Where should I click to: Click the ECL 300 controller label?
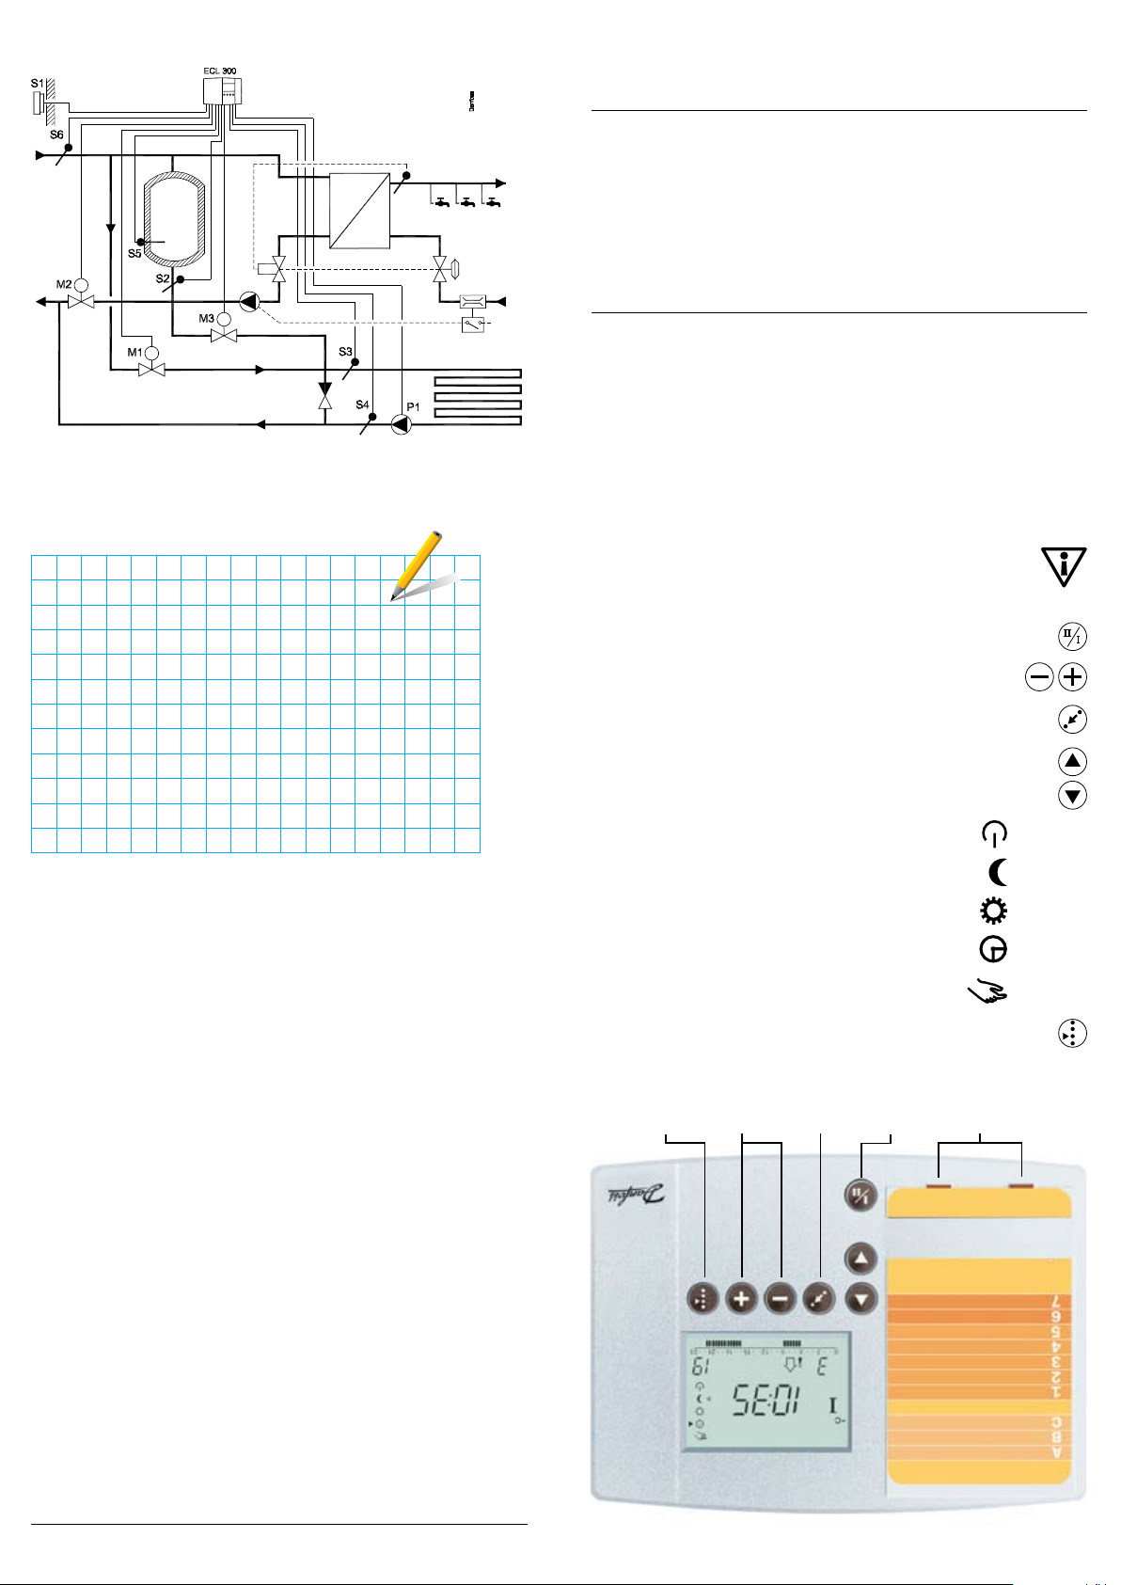pyautogui.click(x=220, y=71)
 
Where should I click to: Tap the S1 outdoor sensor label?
pyautogui.click(x=36, y=85)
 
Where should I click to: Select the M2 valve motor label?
pyautogui.click(x=63, y=284)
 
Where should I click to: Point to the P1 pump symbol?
pyautogui.click(x=402, y=425)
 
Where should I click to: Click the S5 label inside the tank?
pyautogui.click(x=134, y=254)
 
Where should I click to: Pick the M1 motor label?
pyautogui.click(x=134, y=352)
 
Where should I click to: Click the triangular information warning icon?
pyautogui.click(x=1064, y=566)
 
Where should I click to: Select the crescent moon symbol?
pyautogui.click(x=999, y=874)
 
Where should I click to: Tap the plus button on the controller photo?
pyautogui.click(x=742, y=1300)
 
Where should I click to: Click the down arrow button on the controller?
pyautogui.click(x=861, y=1300)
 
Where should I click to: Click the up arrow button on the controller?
pyautogui.click(x=861, y=1259)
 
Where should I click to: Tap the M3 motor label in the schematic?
pyautogui.click(x=206, y=319)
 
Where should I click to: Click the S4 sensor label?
pyautogui.click(x=362, y=404)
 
